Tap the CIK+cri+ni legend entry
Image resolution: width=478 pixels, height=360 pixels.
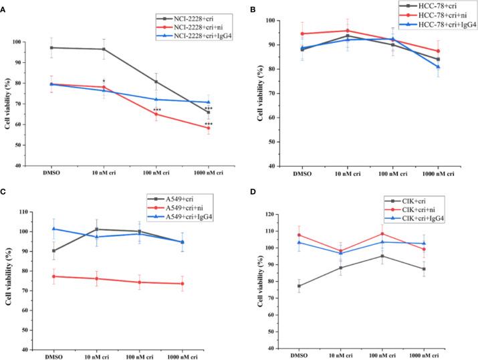[419, 209]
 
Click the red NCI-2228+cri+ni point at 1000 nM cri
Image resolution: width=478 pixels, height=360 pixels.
[209, 128]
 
